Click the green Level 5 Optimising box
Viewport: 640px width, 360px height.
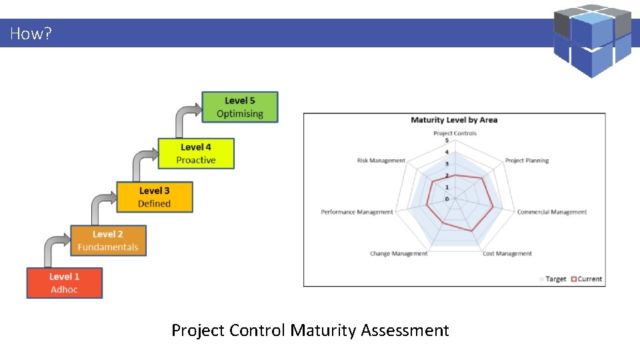[x=239, y=107]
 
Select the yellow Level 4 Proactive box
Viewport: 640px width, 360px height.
[x=196, y=153]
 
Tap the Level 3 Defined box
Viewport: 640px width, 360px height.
[x=154, y=197]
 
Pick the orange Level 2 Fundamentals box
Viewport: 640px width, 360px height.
[x=108, y=241]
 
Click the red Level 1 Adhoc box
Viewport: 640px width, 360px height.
[x=65, y=283]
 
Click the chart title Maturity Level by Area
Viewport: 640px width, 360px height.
[x=454, y=120]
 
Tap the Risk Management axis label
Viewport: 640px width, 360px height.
[x=381, y=161]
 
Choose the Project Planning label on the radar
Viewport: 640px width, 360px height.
[x=527, y=161]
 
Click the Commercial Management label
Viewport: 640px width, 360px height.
[x=552, y=212]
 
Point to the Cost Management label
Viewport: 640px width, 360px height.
[x=507, y=253]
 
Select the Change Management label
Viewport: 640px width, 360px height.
[x=399, y=253]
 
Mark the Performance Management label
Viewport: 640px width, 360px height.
[x=357, y=212]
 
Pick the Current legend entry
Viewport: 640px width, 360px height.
[x=586, y=279]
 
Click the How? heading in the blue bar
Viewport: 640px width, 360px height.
[x=31, y=33]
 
